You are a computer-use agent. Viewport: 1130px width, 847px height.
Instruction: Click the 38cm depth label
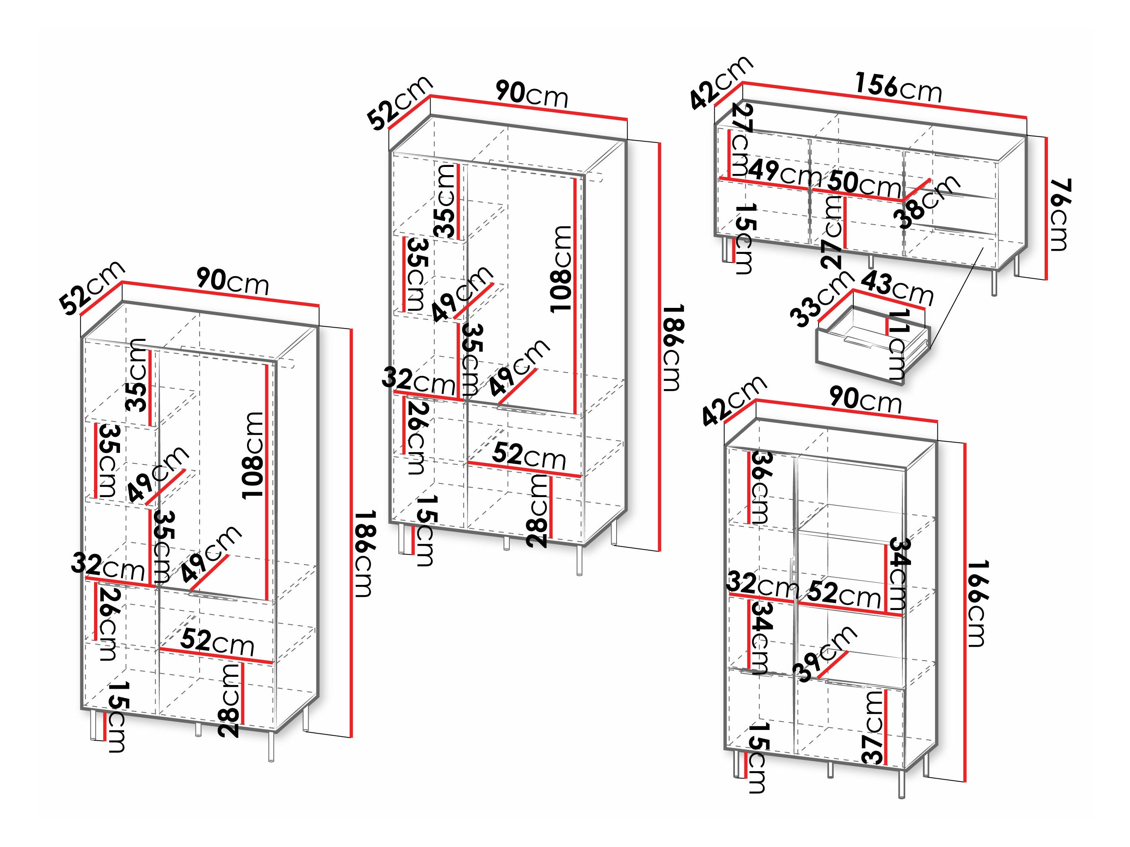click(926, 202)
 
